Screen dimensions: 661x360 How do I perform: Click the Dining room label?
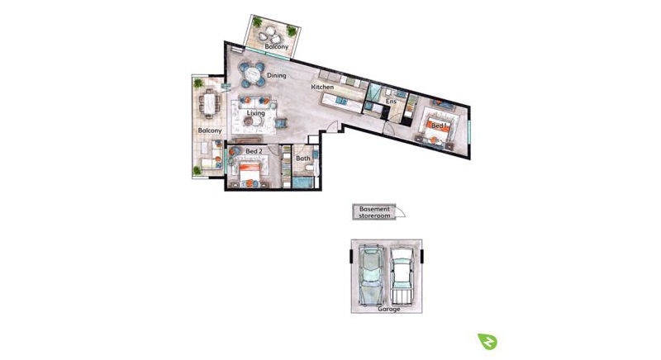click(x=277, y=75)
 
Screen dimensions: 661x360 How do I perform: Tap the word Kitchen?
click(x=322, y=87)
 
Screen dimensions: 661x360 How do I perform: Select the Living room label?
click(x=256, y=113)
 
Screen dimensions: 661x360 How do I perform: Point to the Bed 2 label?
click(x=254, y=151)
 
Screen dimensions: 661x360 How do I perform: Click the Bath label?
click(x=303, y=159)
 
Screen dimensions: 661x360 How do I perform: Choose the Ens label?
click(x=391, y=102)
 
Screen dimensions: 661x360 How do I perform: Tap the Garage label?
click(x=388, y=309)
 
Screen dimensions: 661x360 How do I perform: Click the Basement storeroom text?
click(x=374, y=212)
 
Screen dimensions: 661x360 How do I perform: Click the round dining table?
click(x=252, y=75)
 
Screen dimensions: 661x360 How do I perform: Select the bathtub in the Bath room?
click(x=302, y=182)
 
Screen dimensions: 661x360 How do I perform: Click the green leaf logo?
click(x=487, y=341)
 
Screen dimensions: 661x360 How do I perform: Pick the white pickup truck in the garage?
click(x=401, y=276)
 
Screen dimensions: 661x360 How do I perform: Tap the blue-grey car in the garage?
click(x=370, y=276)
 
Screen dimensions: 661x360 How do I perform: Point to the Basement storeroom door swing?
click(x=401, y=213)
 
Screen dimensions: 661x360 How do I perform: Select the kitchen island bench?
click(x=342, y=102)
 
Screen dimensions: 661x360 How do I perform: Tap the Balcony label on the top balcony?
click(x=277, y=46)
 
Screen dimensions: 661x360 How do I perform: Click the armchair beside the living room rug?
click(x=281, y=123)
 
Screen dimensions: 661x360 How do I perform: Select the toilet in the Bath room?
click(x=310, y=168)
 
